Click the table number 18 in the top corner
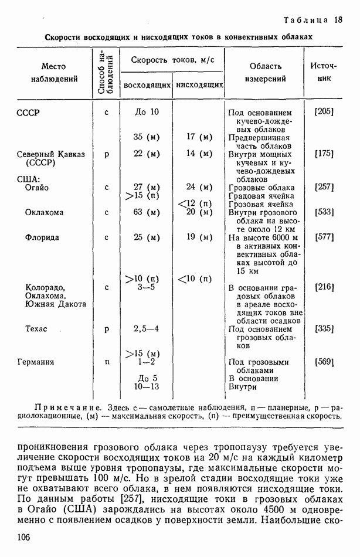(338, 20)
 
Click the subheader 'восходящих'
(147, 86)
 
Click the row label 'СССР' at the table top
(29, 112)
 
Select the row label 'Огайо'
(37, 187)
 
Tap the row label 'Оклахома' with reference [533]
(44, 212)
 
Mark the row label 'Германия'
(36, 362)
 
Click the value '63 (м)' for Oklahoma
(146, 212)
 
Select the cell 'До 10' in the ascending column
(146, 111)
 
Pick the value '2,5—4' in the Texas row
(146, 329)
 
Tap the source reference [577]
(324, 237)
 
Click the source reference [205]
(324, 111)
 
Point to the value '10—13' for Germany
(146, 386)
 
